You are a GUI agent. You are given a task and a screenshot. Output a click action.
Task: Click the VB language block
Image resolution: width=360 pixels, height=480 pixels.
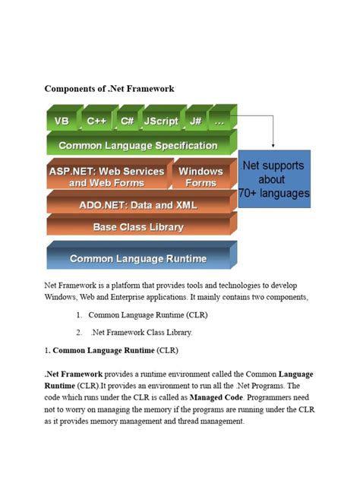[61, 121]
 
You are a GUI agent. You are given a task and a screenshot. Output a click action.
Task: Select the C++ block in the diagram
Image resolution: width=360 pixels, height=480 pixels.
[96, 121]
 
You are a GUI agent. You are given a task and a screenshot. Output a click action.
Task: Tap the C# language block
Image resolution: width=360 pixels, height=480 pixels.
[127, 121]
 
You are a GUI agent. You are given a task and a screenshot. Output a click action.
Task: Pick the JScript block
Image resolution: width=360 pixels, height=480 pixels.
[160, 121]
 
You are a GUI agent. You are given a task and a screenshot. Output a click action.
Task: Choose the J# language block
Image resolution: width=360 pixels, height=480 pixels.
[195, 121]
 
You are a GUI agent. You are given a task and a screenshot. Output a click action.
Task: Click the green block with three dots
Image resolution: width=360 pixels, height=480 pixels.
[219, 121]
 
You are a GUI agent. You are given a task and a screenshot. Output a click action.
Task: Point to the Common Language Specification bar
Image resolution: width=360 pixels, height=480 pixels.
[138, 145]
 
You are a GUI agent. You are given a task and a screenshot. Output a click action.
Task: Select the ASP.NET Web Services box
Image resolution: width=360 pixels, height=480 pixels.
[106, 177]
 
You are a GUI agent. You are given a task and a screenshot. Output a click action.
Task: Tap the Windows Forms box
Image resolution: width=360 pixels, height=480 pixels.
[201, 177]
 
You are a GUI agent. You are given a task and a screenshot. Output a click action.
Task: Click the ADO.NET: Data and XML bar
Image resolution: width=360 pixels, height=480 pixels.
[138, 205]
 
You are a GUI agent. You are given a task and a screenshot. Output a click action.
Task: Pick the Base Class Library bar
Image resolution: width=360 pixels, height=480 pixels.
[138, 227]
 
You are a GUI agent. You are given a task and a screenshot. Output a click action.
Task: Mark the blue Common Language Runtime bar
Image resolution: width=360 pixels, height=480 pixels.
[138, 258]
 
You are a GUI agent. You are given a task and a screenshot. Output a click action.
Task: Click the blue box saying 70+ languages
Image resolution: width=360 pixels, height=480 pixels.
[274, 179]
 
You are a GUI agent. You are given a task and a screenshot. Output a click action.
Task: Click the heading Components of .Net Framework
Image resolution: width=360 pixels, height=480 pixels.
[109, 88]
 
